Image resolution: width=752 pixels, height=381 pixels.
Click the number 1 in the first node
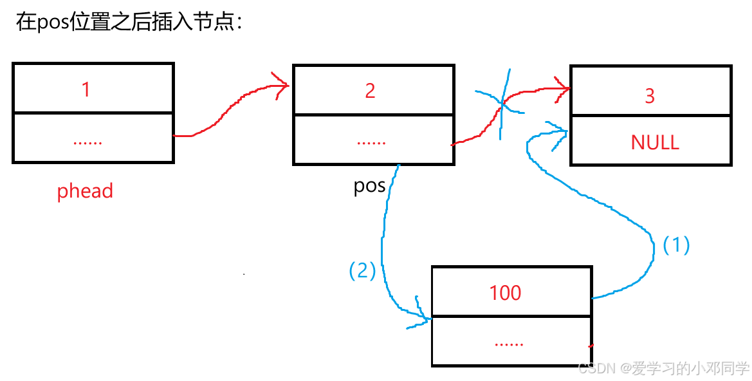click(x=86, y=89)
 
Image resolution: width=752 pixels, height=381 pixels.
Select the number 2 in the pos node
click(x=370, y=91)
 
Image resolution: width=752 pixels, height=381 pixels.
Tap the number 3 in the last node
click(x=650, y=96)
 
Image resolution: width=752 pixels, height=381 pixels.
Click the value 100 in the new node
click(x=505, y=293)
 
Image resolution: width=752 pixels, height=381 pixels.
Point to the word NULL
click(x=655, y=142)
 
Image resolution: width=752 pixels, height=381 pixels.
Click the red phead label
click(x=85, y=191)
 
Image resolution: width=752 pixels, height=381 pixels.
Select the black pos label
click(x=370, y=186)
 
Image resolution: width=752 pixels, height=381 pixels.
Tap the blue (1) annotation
click(x=676, y=245)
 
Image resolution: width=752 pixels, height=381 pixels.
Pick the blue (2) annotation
click(x=362, y=271)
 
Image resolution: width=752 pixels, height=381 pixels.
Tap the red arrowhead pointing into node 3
click(x=562, y=89)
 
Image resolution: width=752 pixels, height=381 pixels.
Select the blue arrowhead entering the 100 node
click(x=422, y=315)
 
